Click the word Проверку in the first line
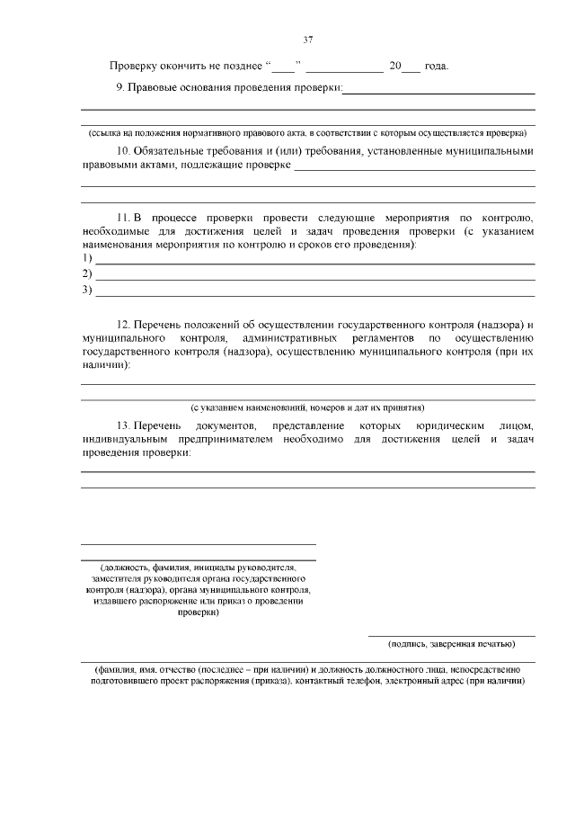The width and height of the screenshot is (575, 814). (x=135, y=67)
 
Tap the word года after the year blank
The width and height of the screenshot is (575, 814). (x=436, y=67)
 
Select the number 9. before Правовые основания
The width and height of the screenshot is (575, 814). (x=121, y=88)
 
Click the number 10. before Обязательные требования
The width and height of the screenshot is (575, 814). (x=124, y=151)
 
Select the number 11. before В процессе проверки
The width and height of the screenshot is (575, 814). (x=124, y=219)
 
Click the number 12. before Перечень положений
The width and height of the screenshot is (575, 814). (x=124, y=324)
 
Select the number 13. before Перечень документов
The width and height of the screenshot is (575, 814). (x=124, y=425)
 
